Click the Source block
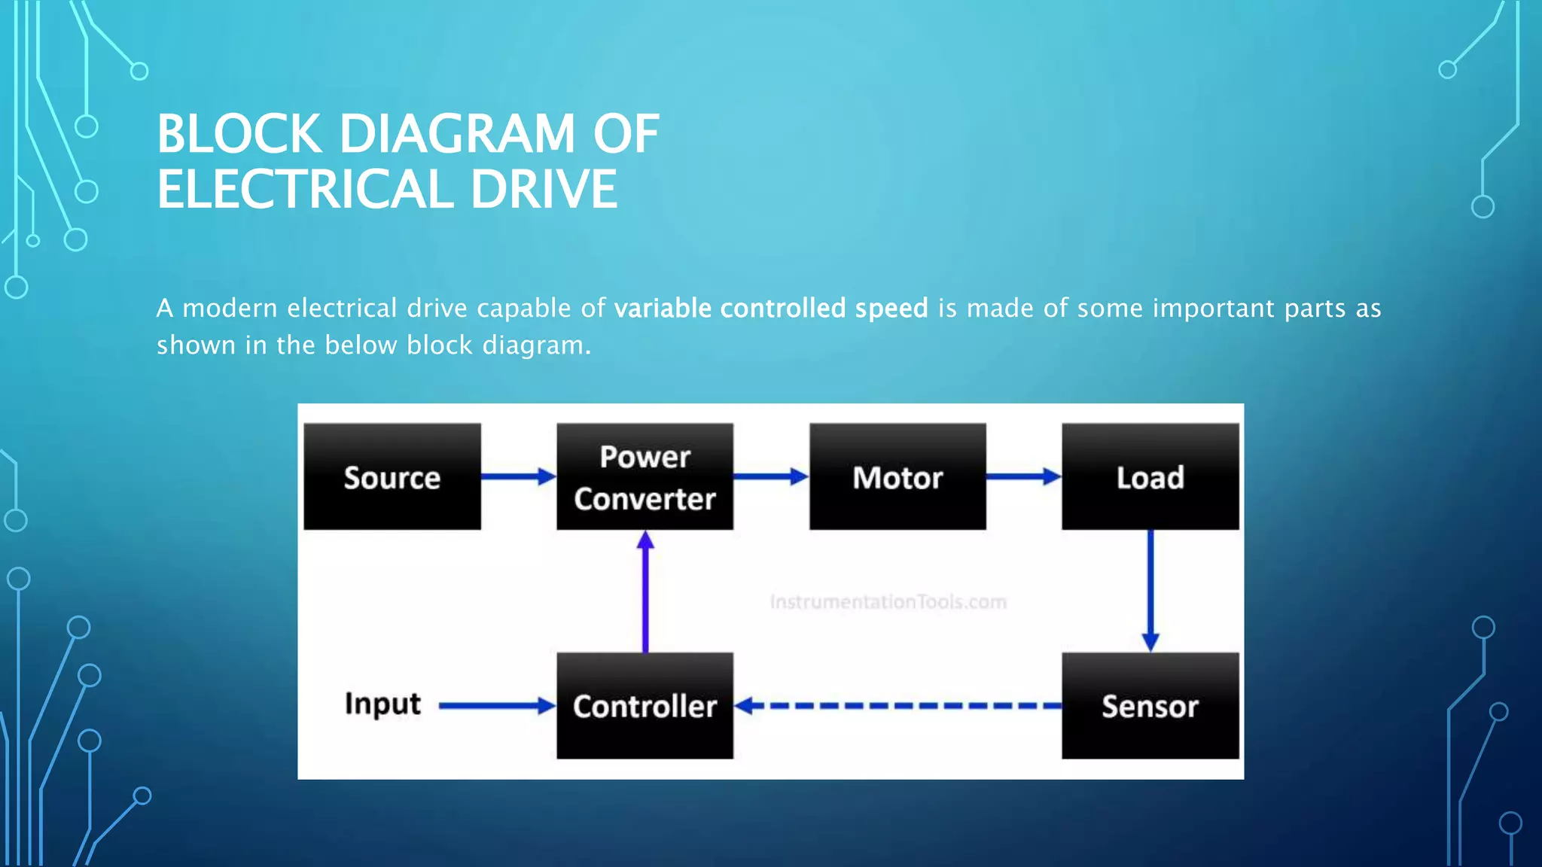tap(392, 477)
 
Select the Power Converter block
tap(645, 477)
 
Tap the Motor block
tap(897, 477)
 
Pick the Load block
tap(1150, 477)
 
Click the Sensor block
tap(1150, 706)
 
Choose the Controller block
tap(645, 706)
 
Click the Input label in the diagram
tap(382, 704)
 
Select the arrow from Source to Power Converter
tap(518, 476)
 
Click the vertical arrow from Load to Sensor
tap(1150, 591)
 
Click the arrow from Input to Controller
tap(497, 706)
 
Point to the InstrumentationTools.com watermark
tap(888, 602)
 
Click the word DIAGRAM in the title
tap(457, 135)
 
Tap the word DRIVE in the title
tap(544, 190)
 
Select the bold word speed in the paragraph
tap(891, 309)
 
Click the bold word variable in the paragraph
tap(663, 309)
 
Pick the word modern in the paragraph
tap(230, 309)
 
